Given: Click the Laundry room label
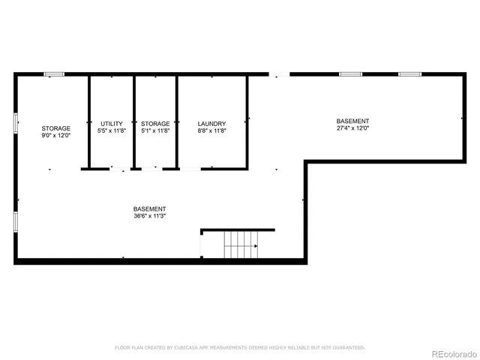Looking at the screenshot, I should [211, 124].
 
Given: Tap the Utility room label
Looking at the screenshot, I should [111, 124].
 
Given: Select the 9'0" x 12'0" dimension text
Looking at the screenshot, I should [56, 136].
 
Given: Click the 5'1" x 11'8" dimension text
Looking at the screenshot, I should [155, 131].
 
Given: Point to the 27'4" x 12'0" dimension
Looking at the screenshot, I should [352, 128].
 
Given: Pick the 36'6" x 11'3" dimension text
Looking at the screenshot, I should [149, 216].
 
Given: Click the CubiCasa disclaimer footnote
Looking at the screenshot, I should [239, 347].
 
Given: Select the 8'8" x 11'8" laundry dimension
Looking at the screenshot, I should [211, 131].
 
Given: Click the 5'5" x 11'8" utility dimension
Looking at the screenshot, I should [111, 131].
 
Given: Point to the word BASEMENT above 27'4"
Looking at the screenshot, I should [352, 121].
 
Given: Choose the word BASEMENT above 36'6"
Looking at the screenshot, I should [149, 208].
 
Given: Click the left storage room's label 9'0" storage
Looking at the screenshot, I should [56, 128].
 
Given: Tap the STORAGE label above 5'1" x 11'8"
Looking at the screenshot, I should [155, 124].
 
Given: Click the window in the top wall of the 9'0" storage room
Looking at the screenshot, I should [53, 73].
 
